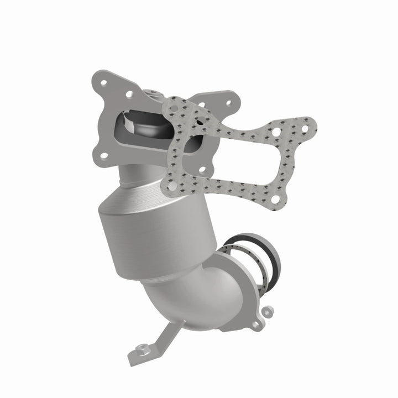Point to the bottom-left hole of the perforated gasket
[x=172, y=187]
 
